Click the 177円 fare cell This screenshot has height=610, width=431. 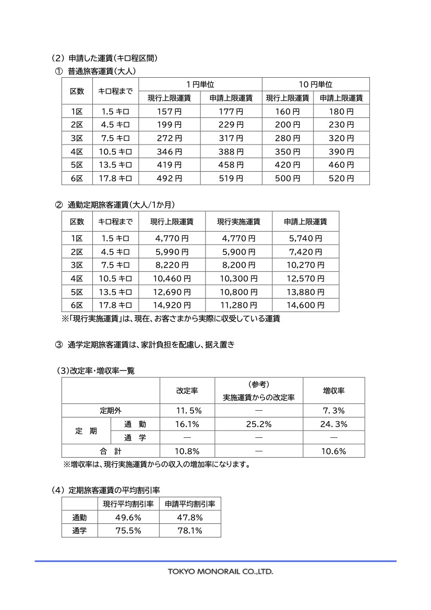coord(231,111)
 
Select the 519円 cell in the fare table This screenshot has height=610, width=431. coord(231,178)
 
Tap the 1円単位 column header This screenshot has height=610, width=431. coord(200,84)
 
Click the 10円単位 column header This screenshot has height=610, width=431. coord(315,84)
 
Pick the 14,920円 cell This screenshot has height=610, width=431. coord(172,305)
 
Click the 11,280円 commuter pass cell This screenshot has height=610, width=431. coord(238,305)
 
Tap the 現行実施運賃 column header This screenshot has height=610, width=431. coord(238,222)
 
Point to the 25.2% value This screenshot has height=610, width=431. coord(259,424)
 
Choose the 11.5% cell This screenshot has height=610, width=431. coord(187,411)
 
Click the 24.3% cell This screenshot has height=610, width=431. coord(333,424)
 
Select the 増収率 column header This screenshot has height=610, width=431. coord(333,390)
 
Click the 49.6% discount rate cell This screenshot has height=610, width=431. coord(127,518)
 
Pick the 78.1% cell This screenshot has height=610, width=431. coord(190,531)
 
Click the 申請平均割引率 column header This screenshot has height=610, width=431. coord(190,504)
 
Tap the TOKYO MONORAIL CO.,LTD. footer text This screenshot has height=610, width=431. coord(220,571)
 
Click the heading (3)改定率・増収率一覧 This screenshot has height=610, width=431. coord(96,371)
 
